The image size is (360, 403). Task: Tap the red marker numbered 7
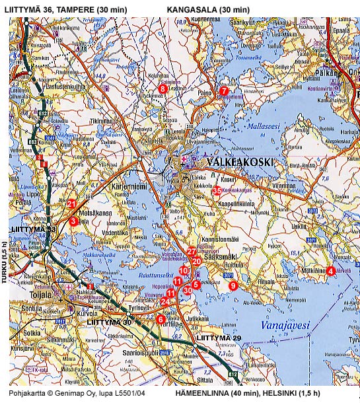tap(223, 91)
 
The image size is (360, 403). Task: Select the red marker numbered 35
tap(217, 190)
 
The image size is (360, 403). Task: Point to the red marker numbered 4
tap(330, 270)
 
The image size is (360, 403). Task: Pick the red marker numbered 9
tap(233, 285)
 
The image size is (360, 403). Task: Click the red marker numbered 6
tap(161, 319)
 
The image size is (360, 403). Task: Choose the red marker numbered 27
tap(191, 251)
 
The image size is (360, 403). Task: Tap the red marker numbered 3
tap(73, 221)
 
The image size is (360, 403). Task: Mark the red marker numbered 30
tap(188, 290)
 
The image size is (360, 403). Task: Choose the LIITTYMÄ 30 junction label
tap(111, 322)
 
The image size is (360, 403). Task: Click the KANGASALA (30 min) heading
tap(208, 9)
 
